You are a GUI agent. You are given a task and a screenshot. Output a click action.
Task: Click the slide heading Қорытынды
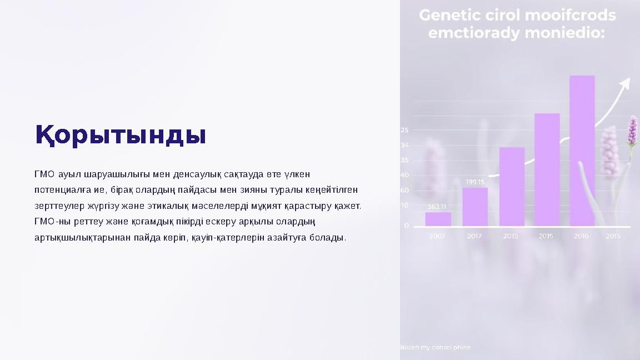pyautogui.click(x=121, y=135)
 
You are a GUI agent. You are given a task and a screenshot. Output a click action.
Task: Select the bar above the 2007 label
pyautogui.click(x=438, y=219)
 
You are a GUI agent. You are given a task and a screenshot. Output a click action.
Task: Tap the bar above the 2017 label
pyautogui.click(x=475, y=207)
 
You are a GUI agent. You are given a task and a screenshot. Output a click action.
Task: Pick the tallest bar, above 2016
pyautogui.click(x=582, y=151)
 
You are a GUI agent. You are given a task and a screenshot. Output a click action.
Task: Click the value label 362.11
pyautogui.click(x=437, y=207)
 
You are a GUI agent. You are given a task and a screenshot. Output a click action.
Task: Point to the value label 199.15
pyautogui.click(x=475, y=182)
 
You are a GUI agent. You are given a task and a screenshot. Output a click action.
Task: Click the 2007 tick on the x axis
pyautogui.click(x=437, y=236)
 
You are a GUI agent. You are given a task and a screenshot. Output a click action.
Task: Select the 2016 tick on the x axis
pyautogui.click(x=581, y=236)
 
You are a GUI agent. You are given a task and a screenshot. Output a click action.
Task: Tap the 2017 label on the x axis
pyautogui.click(x=474, y=236)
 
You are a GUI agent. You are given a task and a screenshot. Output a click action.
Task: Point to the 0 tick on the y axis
pyautogui.click(x=406, y=226)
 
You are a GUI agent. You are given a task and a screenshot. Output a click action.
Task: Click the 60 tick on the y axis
pyautogui.click(x=405, y=191)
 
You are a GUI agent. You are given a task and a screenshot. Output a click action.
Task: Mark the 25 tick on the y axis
pyautogui.click(x=405, y=130)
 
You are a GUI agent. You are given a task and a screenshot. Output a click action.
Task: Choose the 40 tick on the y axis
pyautogui.click(x=405, y=175)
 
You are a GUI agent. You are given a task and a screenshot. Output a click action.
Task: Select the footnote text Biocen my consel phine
pyautogui.click(x=435, y=347)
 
